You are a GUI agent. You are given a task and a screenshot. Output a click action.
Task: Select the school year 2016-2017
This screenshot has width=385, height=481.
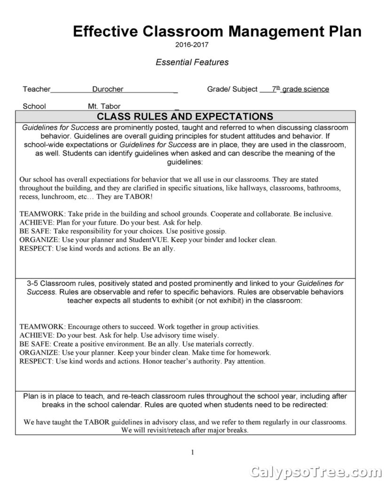[x=191, y=45]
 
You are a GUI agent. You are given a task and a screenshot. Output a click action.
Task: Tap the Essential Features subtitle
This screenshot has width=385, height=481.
[x=192, y=62]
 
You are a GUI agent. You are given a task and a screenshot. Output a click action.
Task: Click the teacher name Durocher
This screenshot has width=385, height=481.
[x=108, y=89]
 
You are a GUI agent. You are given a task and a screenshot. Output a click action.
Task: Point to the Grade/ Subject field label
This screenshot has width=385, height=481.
[x=232, y=89]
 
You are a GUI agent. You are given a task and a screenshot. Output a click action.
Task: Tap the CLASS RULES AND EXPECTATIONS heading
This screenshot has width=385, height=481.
[x=185, y=116]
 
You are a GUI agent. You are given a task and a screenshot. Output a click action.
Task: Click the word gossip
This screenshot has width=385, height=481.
[x=215, y=231]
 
